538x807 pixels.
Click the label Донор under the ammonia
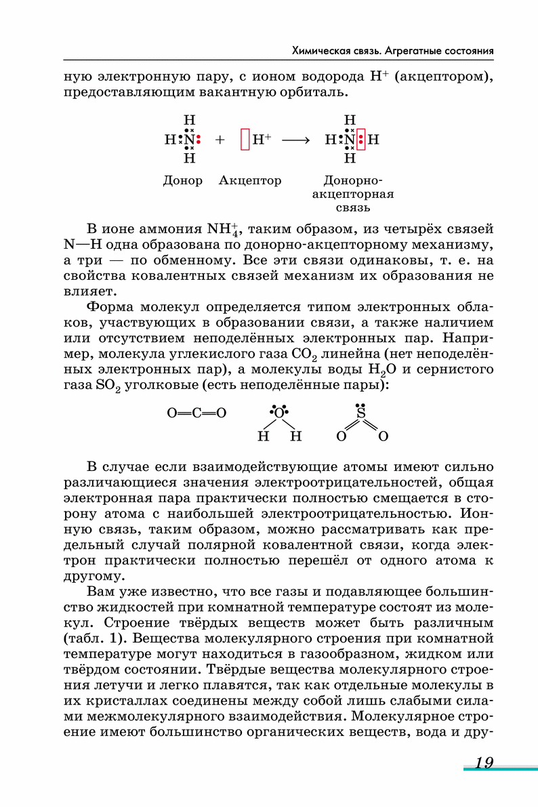pyautogui.click(x=182, y=181)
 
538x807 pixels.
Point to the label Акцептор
pyautogui.click(x=250, y=181)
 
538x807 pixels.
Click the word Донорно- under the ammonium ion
pyautogui.click(x=353, y=181)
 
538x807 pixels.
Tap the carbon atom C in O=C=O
pyautogui.click(x=196, y=413)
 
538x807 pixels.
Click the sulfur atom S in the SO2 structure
pyautogui.click(x=361, y=413)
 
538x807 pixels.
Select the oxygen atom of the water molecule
pyautogui.click(x=277, y=413)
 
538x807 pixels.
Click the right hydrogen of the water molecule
pyautogui.click(x=295, y=436)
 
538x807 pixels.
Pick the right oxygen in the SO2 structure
pyautogui.click(x=383, y=436)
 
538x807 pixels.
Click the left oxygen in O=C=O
pyautogui.click(x=172, y=413)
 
